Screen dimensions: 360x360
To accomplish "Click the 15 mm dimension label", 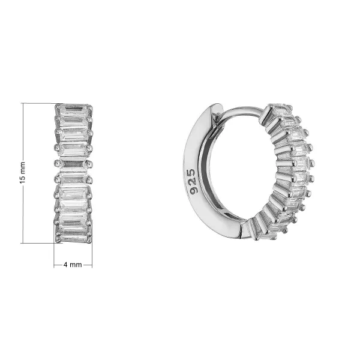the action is point(23,173).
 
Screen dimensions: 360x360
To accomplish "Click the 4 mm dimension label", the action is point(73,265).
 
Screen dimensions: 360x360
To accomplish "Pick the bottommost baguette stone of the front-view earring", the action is point(73,237).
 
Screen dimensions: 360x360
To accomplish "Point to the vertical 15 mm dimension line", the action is point(23,173).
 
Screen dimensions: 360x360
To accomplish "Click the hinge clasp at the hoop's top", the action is point(217,110).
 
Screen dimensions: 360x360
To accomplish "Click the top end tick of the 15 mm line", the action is point(23,103).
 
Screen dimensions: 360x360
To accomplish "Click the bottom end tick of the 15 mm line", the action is point(23,243).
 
